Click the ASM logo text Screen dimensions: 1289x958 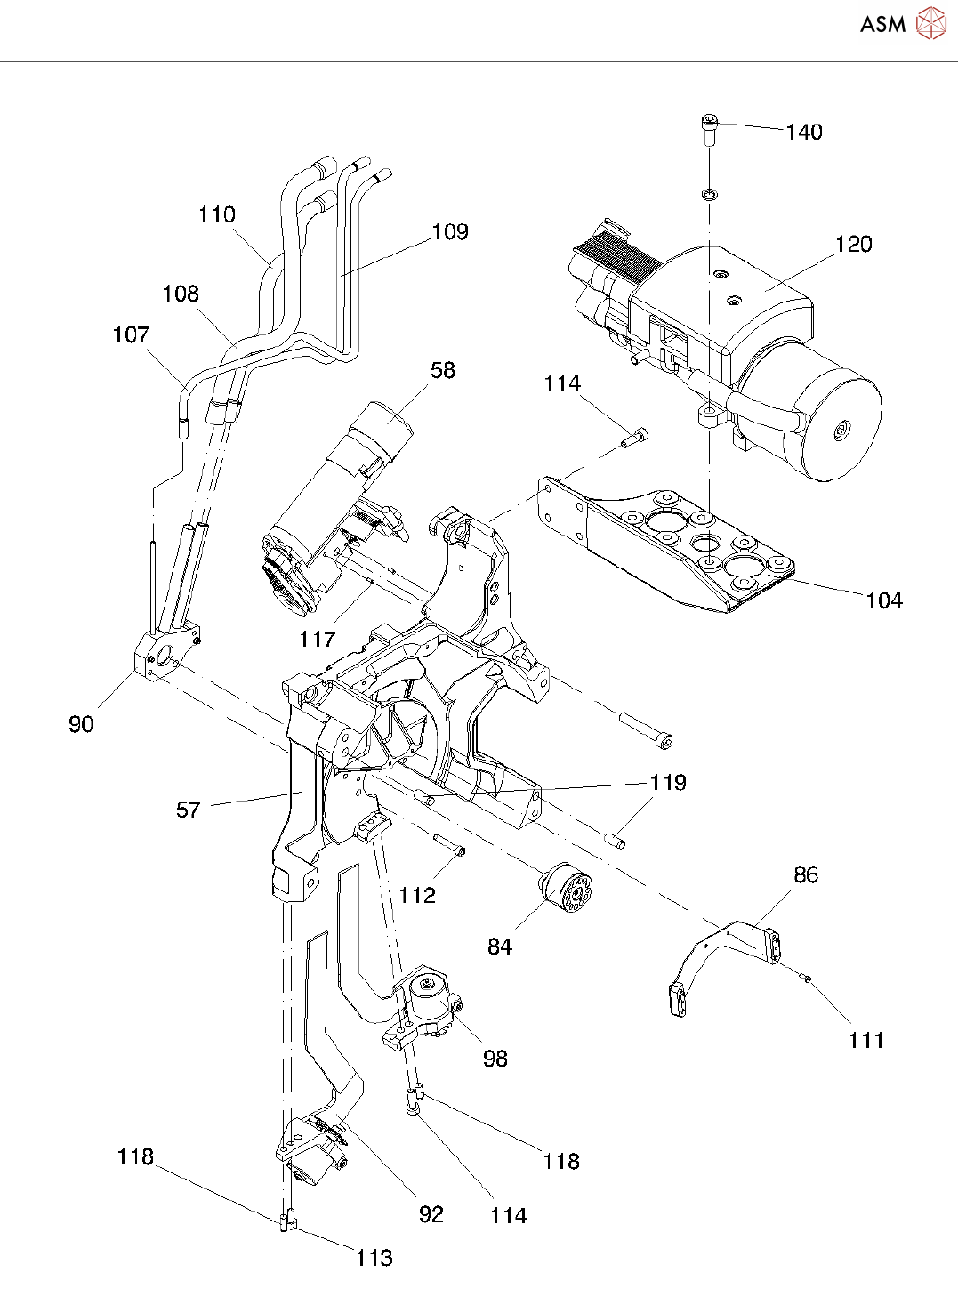[882, 24]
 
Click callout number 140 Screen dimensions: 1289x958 [804, 133]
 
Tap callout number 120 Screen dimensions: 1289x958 [853, 245]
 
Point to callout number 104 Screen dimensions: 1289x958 [884, 601]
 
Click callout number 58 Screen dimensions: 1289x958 [442, 370]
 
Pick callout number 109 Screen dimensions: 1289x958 [450, 232]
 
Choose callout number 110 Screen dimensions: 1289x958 [216, 214]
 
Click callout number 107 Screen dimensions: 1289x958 [131, 335]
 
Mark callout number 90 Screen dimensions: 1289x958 [81, 724]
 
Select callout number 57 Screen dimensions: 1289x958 [189, 810]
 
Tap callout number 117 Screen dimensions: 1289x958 [318, 639]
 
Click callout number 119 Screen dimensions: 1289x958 [668, 783]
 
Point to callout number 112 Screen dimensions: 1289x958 [417, 895]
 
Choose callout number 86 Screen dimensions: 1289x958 [805, 875]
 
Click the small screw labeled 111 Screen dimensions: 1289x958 [806, 979]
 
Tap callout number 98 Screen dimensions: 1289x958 [495, 1059]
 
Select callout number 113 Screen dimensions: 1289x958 [374, 1258]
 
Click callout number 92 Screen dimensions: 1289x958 [431, 1215]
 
